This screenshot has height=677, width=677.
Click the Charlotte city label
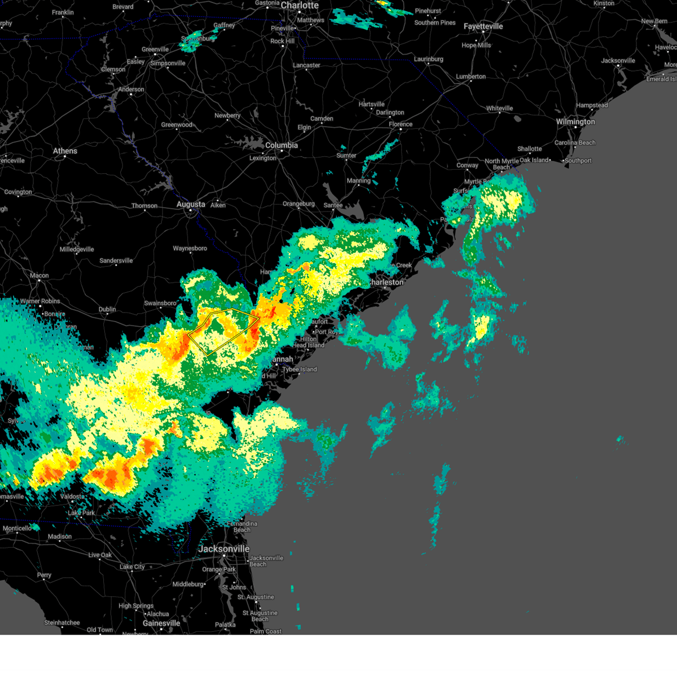click(300, 6)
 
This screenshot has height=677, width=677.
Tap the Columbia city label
click(282, 146)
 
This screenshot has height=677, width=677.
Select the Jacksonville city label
click(223, 549)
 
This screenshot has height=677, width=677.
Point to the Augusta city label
click(191, 204)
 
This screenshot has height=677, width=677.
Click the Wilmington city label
click(575, 122)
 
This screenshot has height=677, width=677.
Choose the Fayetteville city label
click(483, 27)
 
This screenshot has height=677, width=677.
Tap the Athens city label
click(65, 151)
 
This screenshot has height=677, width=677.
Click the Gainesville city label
click(161, 623)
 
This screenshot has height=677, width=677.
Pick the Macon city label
click(39, 276)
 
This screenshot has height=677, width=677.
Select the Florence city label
click(401, 125)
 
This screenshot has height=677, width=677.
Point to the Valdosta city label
click(72, 496)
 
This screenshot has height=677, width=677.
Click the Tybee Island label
click(300, 370)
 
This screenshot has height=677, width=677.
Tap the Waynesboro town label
click(190, 249)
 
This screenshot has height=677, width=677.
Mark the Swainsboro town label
click(160, 304)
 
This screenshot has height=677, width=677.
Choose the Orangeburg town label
click(298, 204)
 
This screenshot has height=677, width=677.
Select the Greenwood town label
click(177, 125)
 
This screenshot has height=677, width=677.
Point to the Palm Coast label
click(266, 631)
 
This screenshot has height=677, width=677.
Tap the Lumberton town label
click(471, 77)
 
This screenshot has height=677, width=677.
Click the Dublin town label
click(107, 310)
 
